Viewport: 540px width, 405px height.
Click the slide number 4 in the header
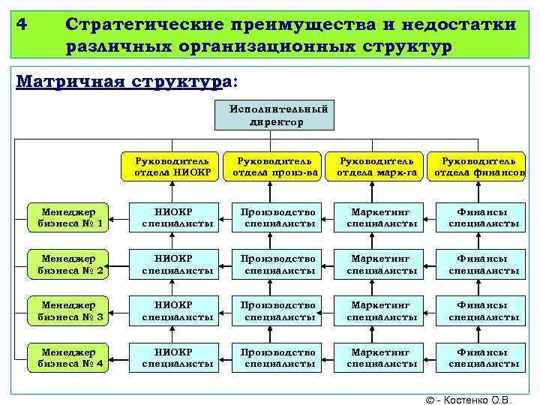[22, 24]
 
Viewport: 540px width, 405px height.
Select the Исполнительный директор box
[278, 115]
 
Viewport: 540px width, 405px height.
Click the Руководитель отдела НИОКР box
[172, 167]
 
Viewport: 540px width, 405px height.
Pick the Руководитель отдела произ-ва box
[274, 167]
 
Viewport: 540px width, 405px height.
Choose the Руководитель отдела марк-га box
[376, 167]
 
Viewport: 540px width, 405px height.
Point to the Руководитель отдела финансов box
[478, 167]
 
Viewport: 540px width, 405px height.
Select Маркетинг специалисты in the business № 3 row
[382, 310]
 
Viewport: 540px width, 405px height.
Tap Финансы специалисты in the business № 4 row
[484, 358]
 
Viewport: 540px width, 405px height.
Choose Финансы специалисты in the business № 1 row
[484, 217]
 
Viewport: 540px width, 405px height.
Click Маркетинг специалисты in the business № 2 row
[382, 264]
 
